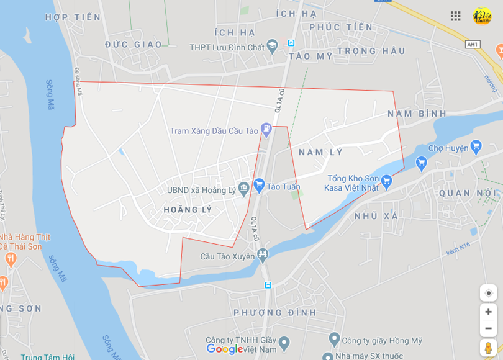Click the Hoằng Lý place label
(x=188, y=210)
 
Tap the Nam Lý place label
(x=320, y=152)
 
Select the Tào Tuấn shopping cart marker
(x=259, y=186)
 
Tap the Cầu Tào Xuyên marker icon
(x=263, y=254)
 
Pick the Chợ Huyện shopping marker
(x=476, y=147)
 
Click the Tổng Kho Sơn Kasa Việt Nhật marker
(x=387, y=181)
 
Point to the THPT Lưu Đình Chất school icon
(x=272, y=47)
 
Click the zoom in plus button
(x=488, y=312)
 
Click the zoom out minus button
(x=488, y=328)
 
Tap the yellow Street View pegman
(x=488, y=348)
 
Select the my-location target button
(x=488, y=293)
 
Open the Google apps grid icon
(x=456, y=16)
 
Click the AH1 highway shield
(x=473, y=45)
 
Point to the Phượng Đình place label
(x=275, y=312)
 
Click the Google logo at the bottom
(x=224, y=349)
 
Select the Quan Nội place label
(x=468, y=193)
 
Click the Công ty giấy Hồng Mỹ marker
(x=334, y=340)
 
